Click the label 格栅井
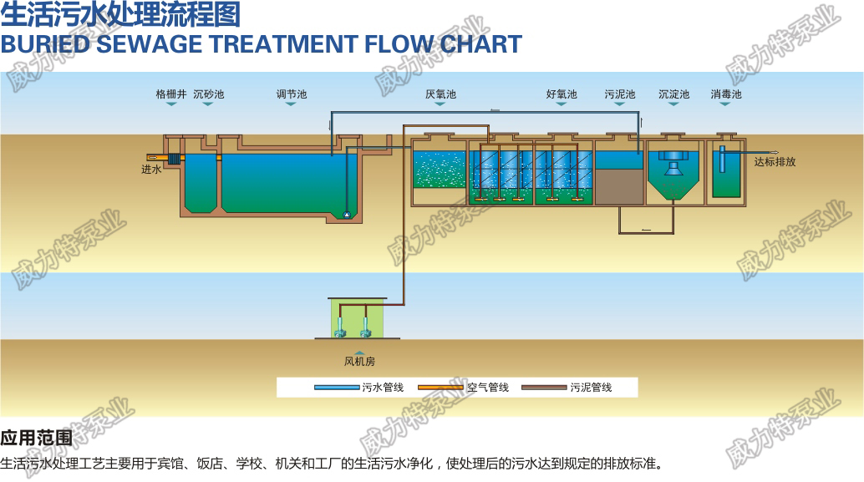point(171,94)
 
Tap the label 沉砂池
point(209,94)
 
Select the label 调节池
point(292,94)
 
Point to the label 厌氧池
point(440,94)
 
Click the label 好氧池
point(562,94)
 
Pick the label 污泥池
point(620,94)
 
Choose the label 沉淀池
point(673,94)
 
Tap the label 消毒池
point(726,94)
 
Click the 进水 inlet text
point(150,170)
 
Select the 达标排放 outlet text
point(775,161)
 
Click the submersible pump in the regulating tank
point(345,215)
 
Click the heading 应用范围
point(36,438)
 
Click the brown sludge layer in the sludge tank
point(619,186)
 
